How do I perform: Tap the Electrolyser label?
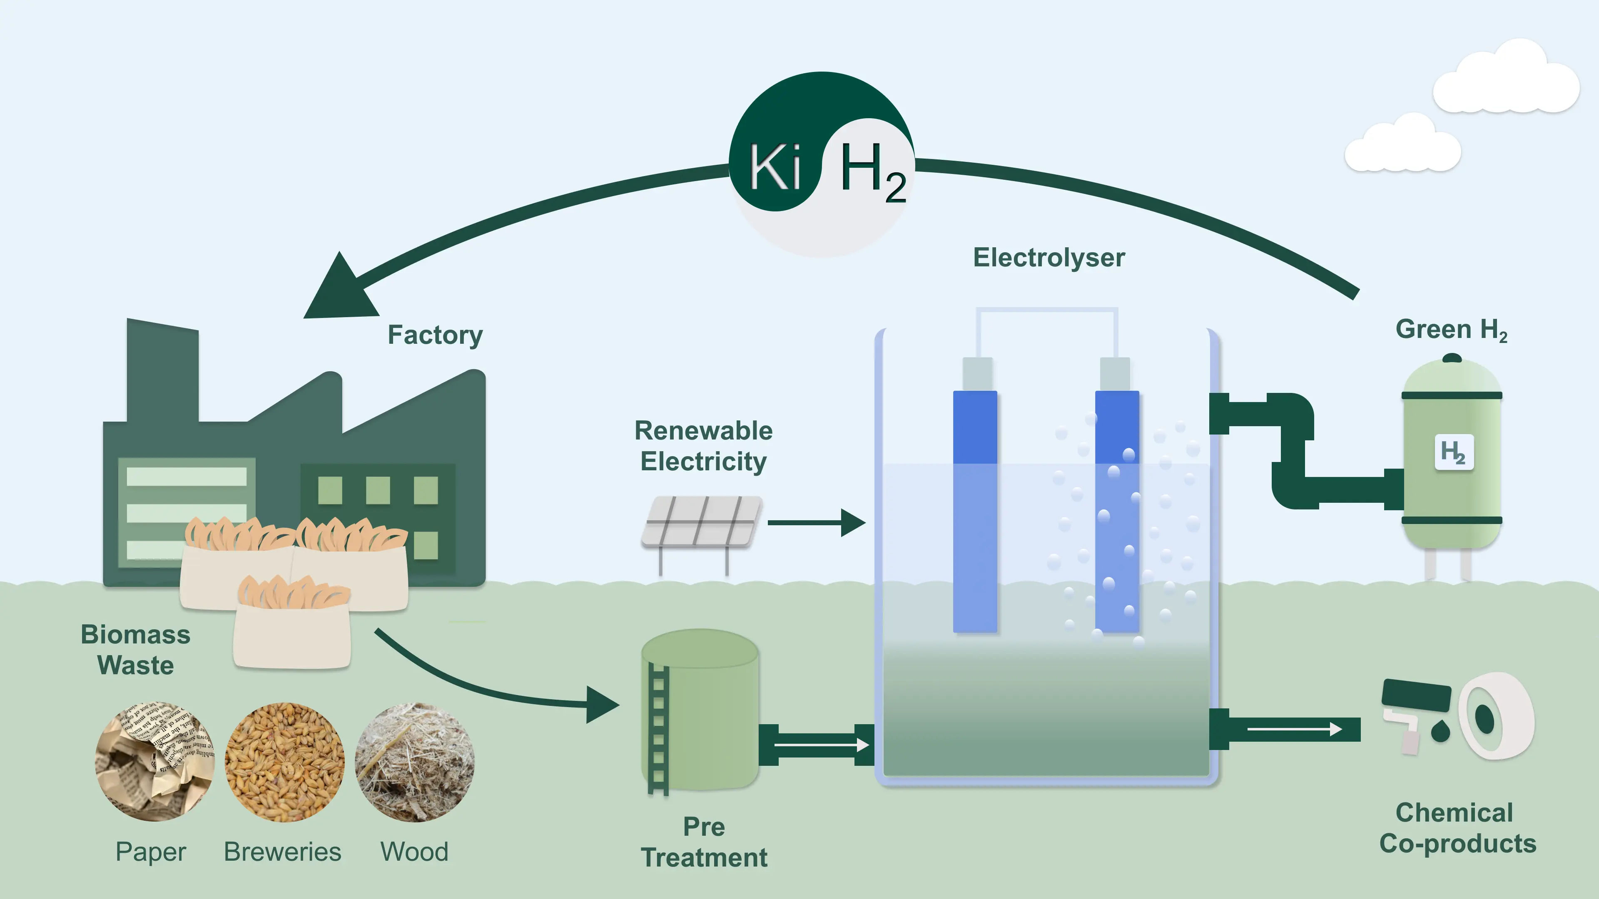click(x=1049, y=258)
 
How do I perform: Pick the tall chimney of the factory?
click(x=163, y=372)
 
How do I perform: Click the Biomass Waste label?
click(x=135, y=650)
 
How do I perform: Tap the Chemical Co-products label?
click(x=1456, y=828)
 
